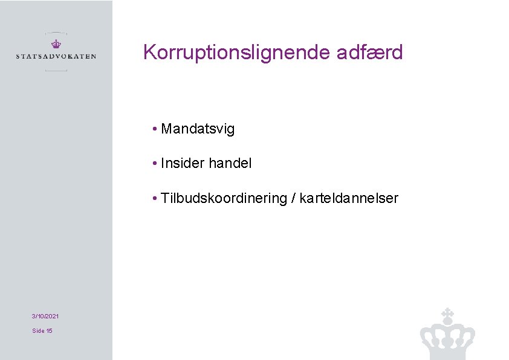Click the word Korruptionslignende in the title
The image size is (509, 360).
[x=236, y=53]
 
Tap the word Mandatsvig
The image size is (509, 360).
[x=198, y=129]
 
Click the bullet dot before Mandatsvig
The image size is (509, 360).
[x=155, y=129]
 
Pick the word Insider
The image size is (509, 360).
[x=183, y=163]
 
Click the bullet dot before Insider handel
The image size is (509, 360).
[x=155, y=163]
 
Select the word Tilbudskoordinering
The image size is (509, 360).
[x=224, y=199]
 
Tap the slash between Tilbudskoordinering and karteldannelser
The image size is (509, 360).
[x=293, y=199]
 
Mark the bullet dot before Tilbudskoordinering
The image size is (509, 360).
[x=155, y=199]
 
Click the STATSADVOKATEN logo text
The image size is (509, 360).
[x=56, y=57]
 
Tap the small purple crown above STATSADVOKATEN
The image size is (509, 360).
[x=56, y=44]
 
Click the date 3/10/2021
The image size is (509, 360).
[x=45, y=317]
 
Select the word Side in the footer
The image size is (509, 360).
[x=38, y=331]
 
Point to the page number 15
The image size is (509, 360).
[x=49, y=331]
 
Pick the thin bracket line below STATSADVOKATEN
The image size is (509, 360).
[x=56, y=71]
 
